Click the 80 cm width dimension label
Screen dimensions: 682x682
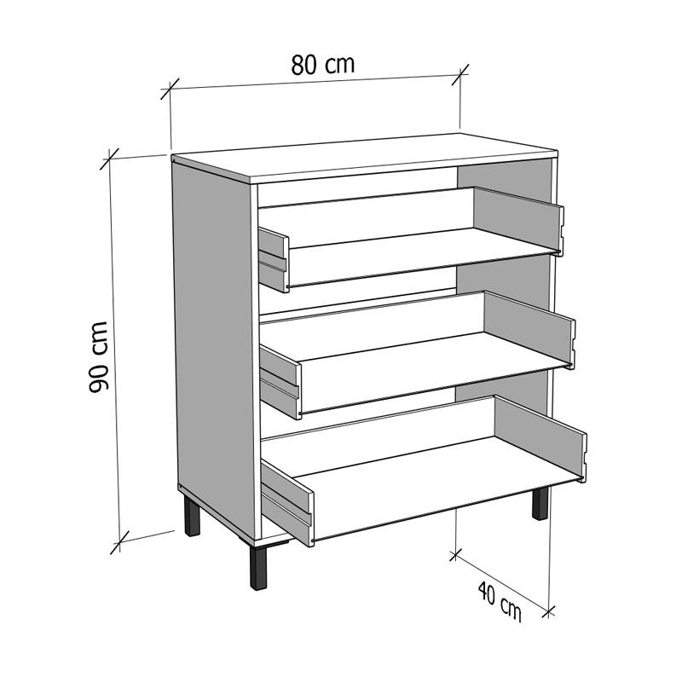[323, 65]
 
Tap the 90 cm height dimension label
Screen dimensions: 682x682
[98, 357]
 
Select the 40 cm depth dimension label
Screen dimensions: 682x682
[500, 601]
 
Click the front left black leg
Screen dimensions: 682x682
[258, 568]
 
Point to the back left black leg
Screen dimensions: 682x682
[192, 517]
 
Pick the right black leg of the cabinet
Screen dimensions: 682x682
[540, 503]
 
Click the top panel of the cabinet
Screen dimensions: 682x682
[365, 158]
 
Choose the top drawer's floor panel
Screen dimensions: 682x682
[421, 257]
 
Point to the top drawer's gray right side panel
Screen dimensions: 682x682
[518, 219]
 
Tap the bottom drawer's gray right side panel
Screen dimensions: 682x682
[540, 438]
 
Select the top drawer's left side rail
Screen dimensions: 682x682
[274, 260]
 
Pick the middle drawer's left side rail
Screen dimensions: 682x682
[280, 381]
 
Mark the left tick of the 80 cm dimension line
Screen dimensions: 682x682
[170, 89]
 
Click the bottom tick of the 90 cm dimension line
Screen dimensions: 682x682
[119, 542]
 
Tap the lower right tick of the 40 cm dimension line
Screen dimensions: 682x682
[549, 611]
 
